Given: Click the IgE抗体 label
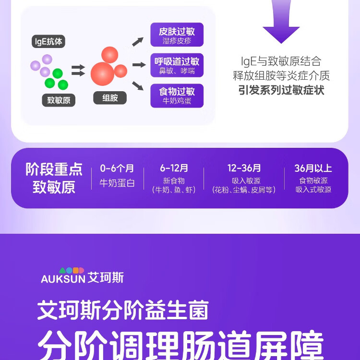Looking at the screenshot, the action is pos(48,42).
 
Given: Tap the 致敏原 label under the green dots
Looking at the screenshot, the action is pos(59,100).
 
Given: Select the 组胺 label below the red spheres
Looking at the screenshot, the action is pos(110,98).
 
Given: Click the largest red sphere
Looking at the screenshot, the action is pos(102,74).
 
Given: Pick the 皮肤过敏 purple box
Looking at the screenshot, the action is pos(177,35).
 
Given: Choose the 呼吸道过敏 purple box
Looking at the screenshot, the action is pos(177,65).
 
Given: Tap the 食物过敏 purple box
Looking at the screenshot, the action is pos(177,96).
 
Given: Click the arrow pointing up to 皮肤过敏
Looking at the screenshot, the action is pos(138,42).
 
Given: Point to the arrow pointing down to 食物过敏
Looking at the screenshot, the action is pos(138,86).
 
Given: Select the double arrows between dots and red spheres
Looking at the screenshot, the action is pos(78,70).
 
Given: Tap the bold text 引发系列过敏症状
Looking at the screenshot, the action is pos(281,90).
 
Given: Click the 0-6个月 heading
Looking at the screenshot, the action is pos(117,168).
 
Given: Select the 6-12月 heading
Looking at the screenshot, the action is pos(174,168).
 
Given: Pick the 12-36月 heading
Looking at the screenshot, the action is pos(244,168).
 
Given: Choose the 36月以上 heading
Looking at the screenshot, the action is pos(313,168).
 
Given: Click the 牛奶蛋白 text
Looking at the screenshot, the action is pos(117,183).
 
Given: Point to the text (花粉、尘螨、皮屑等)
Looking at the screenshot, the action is pos(244,190).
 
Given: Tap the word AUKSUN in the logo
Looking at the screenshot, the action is pos(63,279).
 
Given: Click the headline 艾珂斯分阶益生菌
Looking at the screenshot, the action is pos(123,310).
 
